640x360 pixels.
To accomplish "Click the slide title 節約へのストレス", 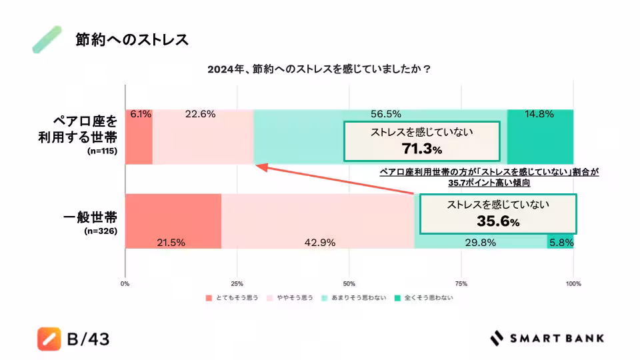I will tap(131, 40).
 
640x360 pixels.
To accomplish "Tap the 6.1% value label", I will tap(141, 114).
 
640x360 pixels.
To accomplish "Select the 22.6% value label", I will tap(200, 114).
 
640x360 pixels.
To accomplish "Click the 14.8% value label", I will tap(539, 114).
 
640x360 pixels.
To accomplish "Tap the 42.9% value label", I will tap(319, 243).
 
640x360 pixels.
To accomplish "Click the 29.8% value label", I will tap(480, 243).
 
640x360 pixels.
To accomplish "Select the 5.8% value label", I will tap(561, 243).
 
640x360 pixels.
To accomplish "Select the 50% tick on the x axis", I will tap(349, 283).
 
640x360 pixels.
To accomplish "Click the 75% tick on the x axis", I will tap(461, 283).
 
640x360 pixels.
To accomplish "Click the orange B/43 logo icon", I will tap(49, 339).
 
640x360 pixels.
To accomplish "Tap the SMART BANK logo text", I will tap(557, 339).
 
